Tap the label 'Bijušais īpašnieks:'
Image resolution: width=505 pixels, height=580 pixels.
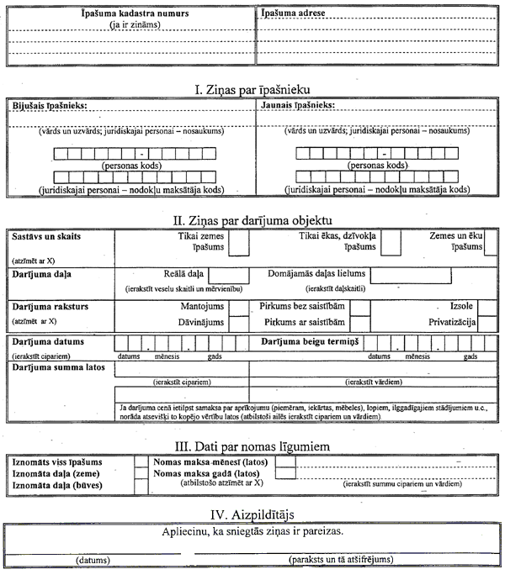[x=50, y=106]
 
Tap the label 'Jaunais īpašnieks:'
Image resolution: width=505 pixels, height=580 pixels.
[x=297, y=106]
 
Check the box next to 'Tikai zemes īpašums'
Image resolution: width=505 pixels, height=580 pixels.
[x=239, y=243]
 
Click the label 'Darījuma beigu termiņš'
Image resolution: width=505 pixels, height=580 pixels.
[x=311, y=342]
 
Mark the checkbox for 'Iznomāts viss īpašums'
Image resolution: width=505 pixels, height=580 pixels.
[x=141, y=462]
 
